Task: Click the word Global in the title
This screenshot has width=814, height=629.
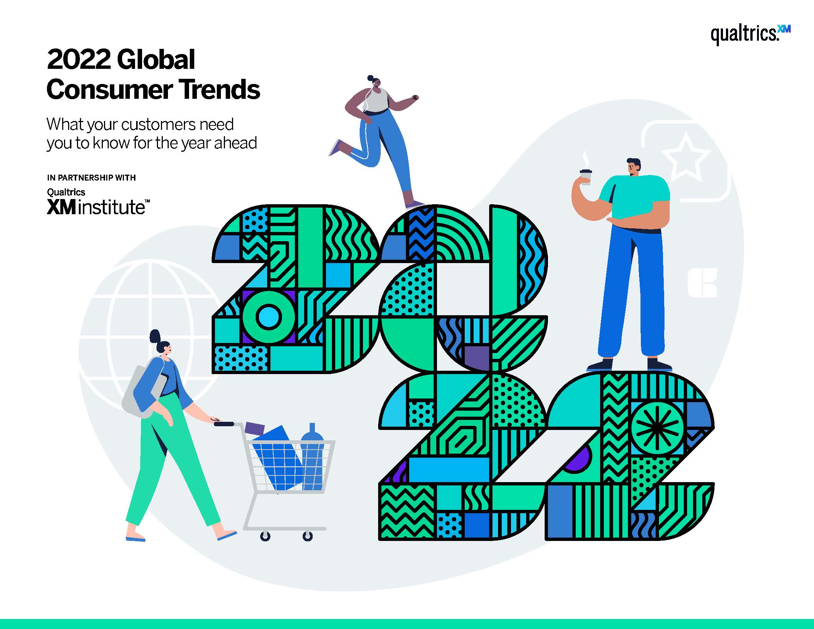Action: (156, 60)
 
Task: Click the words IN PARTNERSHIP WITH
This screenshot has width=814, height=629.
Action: (91, 177)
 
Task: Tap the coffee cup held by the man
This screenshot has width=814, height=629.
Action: (586, 177)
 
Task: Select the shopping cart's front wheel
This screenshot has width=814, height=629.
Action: (307, 536)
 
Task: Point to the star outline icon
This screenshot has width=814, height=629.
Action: (686, 158)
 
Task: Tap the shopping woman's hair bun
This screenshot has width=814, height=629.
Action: (155, 337)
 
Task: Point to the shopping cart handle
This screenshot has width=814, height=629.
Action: (224, 424)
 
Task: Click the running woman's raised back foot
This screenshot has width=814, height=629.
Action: (335, 148)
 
